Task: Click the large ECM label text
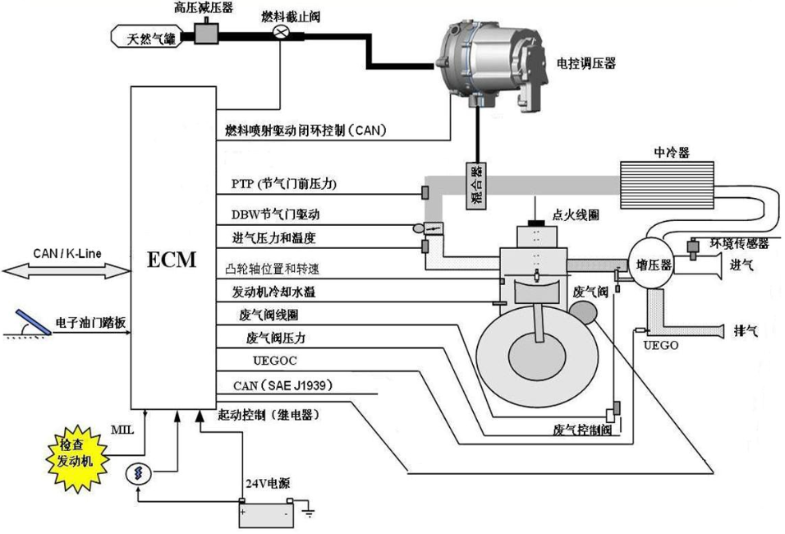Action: point(172,260)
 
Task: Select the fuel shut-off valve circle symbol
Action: point(281,31)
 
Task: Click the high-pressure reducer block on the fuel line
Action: point(204,31)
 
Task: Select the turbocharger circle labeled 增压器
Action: point(654,265)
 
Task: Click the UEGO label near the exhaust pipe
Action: point(661,346)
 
